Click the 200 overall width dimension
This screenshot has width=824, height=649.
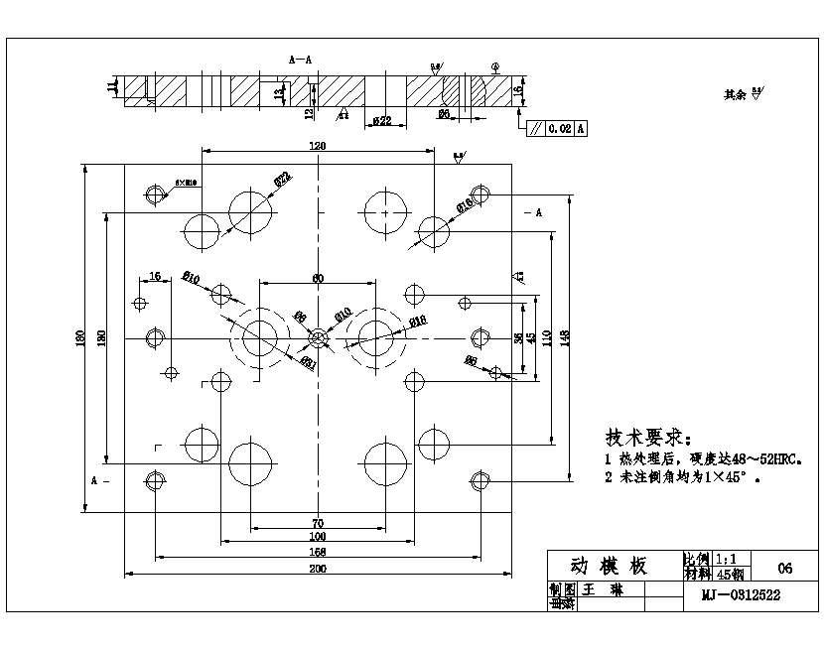318,569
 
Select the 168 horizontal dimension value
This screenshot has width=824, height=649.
318,551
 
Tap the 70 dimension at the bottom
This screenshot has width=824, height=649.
318,522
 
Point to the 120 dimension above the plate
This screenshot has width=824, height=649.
318,146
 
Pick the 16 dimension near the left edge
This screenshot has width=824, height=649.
155,275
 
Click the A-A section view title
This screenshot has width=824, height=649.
300,60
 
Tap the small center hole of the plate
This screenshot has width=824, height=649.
318,339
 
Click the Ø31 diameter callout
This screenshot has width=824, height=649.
309,361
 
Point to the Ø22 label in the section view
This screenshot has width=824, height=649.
381,121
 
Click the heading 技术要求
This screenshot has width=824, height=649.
645,438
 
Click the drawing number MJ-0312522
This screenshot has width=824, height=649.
741,595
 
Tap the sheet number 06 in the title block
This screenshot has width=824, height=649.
785,569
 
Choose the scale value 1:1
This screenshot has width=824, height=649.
727,560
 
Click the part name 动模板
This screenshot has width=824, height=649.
609,566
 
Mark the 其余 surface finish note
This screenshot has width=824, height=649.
736,95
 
